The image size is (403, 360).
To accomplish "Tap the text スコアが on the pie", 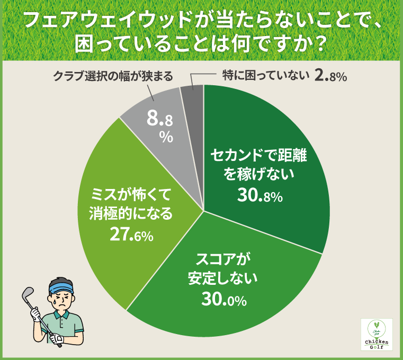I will (x=222, y=259).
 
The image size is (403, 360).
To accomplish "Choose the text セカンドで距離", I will (x=259, y=155).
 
